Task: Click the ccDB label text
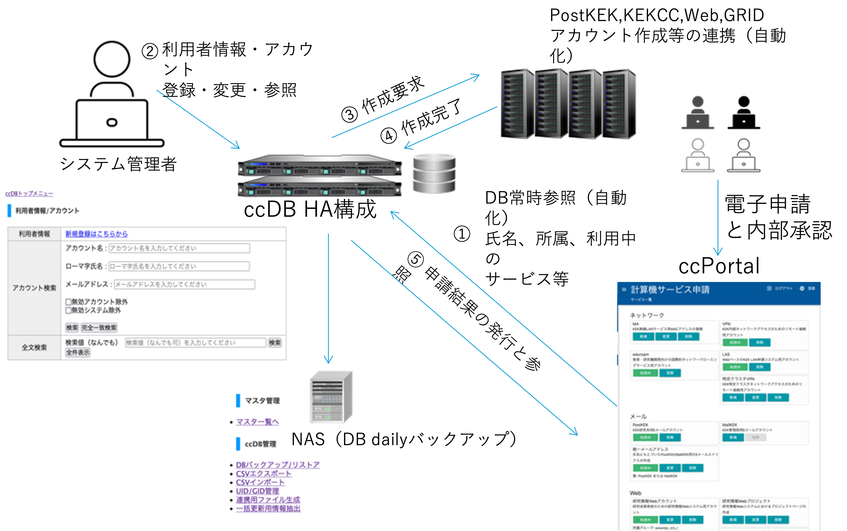tap(269, 210)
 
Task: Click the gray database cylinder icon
tap(434, 174)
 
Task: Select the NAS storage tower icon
tap(331, 397)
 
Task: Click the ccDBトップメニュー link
tap(29, 193)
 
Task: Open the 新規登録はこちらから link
tap(97, 234)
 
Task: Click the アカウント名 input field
tap(179, 248)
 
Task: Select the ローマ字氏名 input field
tap(179, 266)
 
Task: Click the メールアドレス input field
tap(184, 284)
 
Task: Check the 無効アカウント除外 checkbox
tap(68, 302)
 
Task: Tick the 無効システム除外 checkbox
tap(68, 310)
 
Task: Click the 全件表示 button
tap(77, 352)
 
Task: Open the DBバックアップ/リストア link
tap(278, 465)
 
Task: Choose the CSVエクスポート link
tap(264, 473)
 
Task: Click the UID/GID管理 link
tap(257, 491)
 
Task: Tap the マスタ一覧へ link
tap(257, 422)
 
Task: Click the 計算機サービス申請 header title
tap(670, 290)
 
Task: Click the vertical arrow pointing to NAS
tap(328, 298)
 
